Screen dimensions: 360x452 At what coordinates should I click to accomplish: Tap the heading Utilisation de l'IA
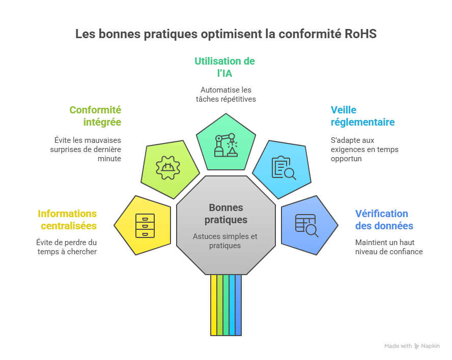[x=224, y=67]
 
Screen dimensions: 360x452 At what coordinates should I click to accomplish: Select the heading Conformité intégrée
[x=95, y=116]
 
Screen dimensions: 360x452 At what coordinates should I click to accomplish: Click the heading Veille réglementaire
[x=362, y=116]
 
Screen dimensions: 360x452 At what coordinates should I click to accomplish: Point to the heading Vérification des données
[x=384, y=220]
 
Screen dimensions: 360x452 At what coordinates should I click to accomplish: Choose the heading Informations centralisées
[x=67, y=220]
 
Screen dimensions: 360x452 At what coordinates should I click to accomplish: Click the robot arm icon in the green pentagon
[x=225, y=145]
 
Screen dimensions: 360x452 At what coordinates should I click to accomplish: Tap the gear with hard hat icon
[x=167, y=167]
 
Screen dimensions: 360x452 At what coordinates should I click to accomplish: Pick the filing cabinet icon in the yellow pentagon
[x=145, y=225]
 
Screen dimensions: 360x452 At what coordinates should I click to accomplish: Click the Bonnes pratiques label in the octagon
[x=226, y=214]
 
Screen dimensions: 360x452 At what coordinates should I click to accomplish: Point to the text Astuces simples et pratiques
[x=225, y=241]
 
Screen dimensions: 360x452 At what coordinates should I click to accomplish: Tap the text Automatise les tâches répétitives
[x=225, y=95]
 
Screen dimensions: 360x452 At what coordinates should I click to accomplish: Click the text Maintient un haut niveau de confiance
[x=388, y=247]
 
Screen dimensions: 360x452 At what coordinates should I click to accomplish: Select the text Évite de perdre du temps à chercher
[x=66, y=247]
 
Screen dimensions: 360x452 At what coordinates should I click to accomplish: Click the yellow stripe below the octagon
[x=214, y=305]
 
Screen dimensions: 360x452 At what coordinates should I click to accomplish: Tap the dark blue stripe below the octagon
[x=238, y=305]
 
